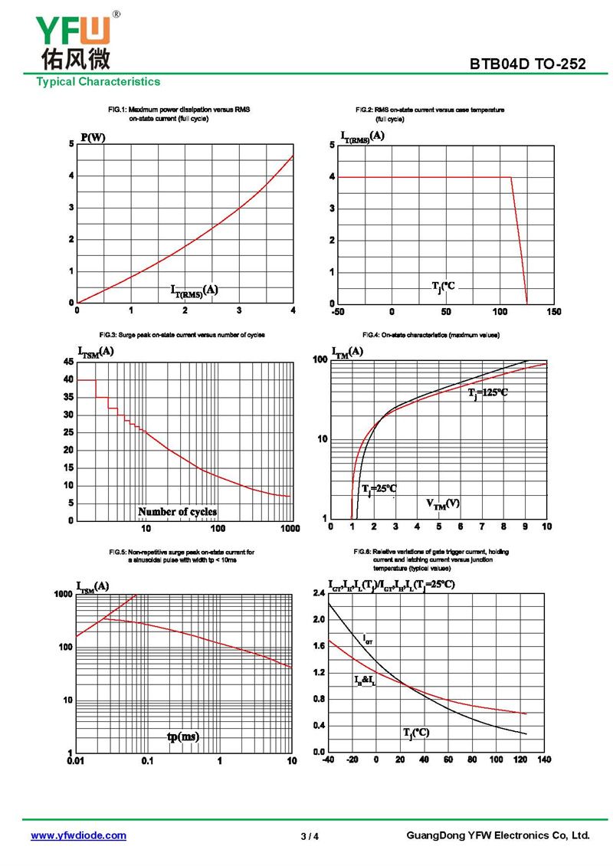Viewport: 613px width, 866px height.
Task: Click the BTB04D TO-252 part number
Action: (528, 64)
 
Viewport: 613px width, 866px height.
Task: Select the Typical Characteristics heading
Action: (98, 82)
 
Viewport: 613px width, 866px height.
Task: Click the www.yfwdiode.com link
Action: (78, 835)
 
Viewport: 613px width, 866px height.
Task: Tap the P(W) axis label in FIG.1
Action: (93, 138)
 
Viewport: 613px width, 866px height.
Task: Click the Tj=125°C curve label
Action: (488, 392)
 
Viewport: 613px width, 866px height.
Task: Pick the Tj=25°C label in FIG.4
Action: (379, 488)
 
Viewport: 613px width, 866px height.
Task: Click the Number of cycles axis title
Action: (177, 511)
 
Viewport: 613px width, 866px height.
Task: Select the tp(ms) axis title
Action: (183, 736)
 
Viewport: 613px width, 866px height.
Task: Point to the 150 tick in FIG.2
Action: (554, 312)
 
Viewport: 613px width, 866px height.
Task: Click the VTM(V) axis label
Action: (443, 504)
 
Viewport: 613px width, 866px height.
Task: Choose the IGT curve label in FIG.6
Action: (368, 638)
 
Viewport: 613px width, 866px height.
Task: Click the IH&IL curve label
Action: (364, 680)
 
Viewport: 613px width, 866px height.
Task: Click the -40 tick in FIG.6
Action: (329, 759)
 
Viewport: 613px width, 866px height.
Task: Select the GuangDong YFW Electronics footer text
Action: (497, 835)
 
